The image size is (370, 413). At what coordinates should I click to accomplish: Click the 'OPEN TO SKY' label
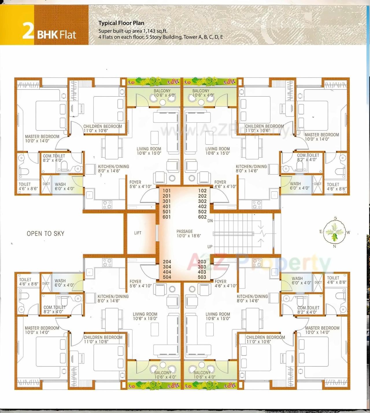tap(45, 234)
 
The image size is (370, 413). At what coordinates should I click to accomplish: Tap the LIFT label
tap(138, 233)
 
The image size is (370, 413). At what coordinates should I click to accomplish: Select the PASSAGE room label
tap(184, 231)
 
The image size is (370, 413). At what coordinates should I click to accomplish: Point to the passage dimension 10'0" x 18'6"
tap(188, 236)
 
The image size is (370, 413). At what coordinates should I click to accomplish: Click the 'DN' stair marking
tap(210, 221)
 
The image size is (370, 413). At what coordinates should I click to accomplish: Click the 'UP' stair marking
tap(210, 247)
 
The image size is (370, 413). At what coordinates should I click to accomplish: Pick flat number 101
tap(166, 191)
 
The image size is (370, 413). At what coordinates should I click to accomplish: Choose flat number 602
tap(202, 217)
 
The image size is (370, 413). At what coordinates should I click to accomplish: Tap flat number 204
tap(167, 262)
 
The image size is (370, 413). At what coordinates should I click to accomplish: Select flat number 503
tap(202, 277)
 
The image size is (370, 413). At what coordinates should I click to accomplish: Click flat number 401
tap(166, 207)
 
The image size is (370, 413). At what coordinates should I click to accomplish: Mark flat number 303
tap(202, 267)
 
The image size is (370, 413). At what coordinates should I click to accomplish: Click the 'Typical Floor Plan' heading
tap(121, 23)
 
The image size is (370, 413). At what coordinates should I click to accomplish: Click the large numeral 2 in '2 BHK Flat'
tap(28, 31)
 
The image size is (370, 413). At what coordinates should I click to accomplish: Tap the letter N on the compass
tap(334, 246)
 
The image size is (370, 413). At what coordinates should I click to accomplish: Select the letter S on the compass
tap(335, 218)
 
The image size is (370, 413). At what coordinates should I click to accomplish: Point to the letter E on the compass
tap(321, 231)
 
